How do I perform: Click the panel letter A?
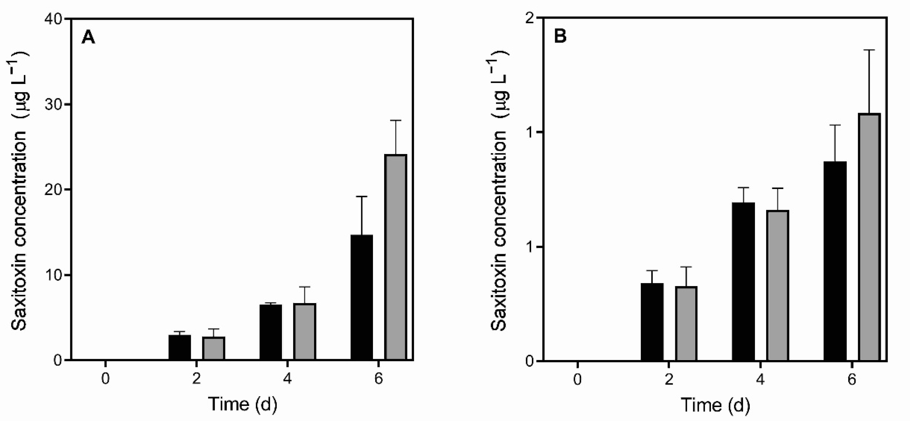(88, 37)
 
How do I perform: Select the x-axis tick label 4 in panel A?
(288, 379)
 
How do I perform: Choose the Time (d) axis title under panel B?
(715, 405)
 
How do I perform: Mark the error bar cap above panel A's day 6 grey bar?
(396, 121)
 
